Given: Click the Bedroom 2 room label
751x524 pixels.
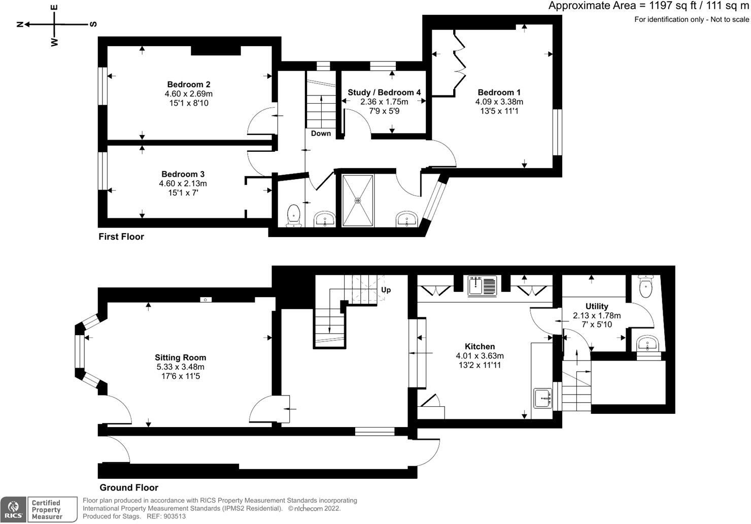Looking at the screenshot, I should [189, 84].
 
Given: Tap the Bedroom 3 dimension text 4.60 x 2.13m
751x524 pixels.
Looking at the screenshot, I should [183, 183].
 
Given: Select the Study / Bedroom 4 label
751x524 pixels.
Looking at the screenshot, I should [384, 92].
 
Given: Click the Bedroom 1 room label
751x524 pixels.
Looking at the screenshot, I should [499, 92].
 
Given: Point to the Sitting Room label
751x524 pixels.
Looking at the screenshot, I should [181, 357].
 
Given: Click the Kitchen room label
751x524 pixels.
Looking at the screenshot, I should [480, 347].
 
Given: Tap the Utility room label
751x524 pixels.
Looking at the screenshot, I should [597, 306].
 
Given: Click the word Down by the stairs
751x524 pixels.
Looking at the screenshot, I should [321, 134].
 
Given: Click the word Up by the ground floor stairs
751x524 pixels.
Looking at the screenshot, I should [386, 290].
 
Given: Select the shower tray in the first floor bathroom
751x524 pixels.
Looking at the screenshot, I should [358, 201].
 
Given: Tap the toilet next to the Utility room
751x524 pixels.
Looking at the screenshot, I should [646, 287].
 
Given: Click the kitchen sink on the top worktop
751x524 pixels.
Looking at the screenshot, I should [482, 285].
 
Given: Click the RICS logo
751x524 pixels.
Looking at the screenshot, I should [13, 510].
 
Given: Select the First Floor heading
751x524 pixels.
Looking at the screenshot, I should [121, 237].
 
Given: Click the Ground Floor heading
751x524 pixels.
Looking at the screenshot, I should [129, 487].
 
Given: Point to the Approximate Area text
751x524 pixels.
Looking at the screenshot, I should [648, 6].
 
